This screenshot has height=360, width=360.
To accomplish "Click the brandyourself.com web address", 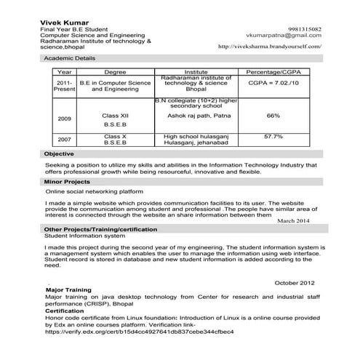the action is point(270,47).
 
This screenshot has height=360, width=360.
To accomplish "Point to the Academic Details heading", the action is point(69,57).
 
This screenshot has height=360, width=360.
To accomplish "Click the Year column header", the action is point(64,73).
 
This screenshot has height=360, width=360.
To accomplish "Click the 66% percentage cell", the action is point(273,116).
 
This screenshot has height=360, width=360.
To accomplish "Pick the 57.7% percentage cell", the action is point(273,136).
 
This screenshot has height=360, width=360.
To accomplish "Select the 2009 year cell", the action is point(64,118).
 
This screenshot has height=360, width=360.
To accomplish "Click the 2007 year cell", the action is point(64,139).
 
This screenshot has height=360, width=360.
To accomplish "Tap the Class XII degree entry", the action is point(115,116).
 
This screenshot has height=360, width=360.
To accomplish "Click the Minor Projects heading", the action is point(67,181).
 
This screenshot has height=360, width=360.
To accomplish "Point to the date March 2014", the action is point(294,220).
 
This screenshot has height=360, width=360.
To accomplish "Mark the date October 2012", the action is point(295,282).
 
